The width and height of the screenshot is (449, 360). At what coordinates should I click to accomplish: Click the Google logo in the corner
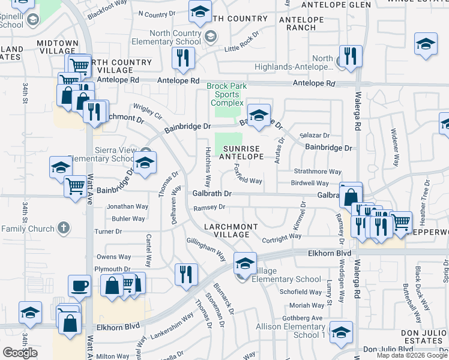point(20,353)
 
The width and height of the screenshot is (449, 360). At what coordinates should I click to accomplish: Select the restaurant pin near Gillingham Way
point(186,274)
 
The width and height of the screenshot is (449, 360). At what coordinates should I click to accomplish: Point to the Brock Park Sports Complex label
point(227,94)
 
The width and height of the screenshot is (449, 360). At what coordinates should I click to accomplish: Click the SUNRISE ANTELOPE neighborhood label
point(243,152)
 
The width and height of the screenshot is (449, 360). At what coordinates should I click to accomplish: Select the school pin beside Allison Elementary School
point(341,332)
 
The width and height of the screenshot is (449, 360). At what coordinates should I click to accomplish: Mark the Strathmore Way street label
point(318,172)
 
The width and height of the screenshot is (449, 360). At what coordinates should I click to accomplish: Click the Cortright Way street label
point(282,236)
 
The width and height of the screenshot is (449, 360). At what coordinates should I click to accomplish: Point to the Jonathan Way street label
point(127,206)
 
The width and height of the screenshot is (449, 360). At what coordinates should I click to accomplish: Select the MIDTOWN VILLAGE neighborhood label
point(58,47)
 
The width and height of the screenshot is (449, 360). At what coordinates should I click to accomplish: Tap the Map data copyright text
point(411,355)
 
